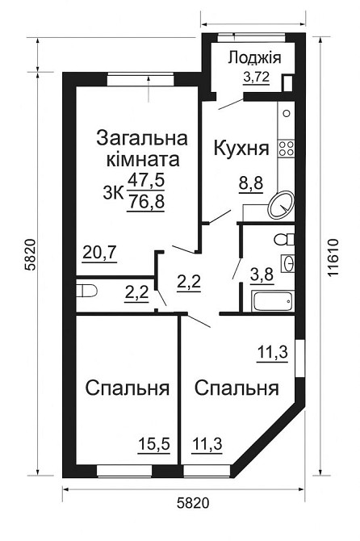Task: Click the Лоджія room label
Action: click(253, 57)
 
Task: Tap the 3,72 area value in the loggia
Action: click(257, 78)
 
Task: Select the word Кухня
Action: click(241, 149)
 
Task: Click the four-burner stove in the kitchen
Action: click(286, 148)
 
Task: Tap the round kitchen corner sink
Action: click(279, 203)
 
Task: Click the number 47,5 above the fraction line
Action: click(146, 180)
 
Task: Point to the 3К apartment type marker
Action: click(113, 192)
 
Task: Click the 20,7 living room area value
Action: click(100, 253)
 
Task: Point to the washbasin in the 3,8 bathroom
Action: click(287, 263)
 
